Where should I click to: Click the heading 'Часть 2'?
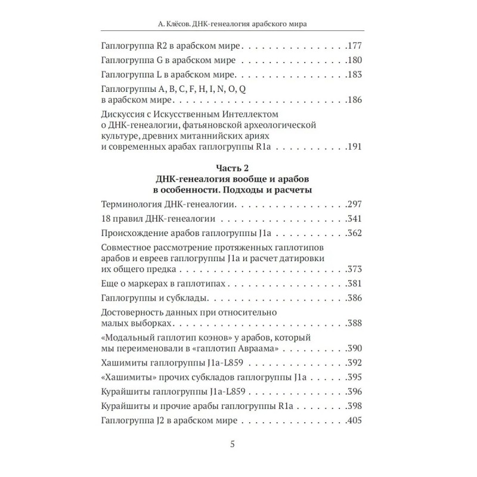click(238, 169)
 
